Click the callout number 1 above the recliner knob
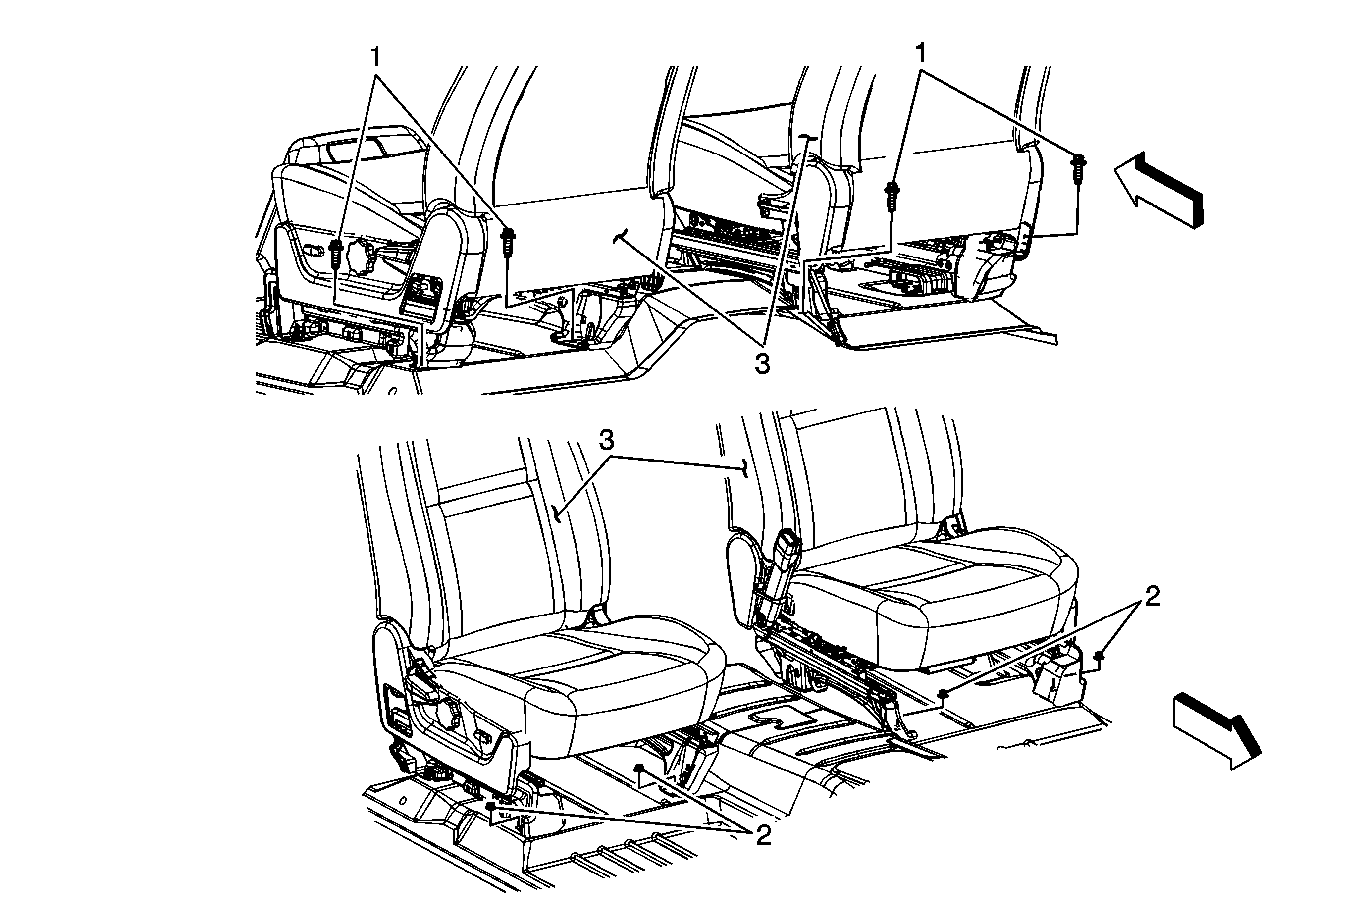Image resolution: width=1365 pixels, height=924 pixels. [x=375, y=57]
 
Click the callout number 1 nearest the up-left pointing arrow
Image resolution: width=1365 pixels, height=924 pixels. [x=920, y=54]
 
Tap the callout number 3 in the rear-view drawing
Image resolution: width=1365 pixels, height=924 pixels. [x=762, y=364]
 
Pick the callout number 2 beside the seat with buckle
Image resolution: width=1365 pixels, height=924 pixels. [x=1153, y=597]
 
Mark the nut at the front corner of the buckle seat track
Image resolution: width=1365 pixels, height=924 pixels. [x=942, y=694]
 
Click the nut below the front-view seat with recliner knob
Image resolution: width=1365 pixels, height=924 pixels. [x=491, y=807]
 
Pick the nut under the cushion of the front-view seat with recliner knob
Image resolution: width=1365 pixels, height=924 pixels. [x=639, y=768]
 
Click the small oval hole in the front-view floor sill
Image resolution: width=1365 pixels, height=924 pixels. [x=404, y=800]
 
